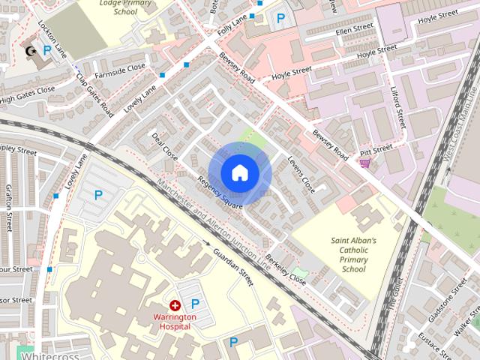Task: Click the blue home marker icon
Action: coord(239,173)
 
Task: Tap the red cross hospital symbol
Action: coord(175,305)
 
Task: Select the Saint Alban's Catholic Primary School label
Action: coord(354,255)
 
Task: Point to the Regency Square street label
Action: coord(220,192)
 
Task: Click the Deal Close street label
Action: coord(164,147)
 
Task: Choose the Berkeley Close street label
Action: coord(286,268)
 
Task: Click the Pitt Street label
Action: coord(376,150)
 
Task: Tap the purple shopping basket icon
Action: coord(365,162)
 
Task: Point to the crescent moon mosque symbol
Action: coord(31,51)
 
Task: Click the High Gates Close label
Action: coord(27,94)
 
